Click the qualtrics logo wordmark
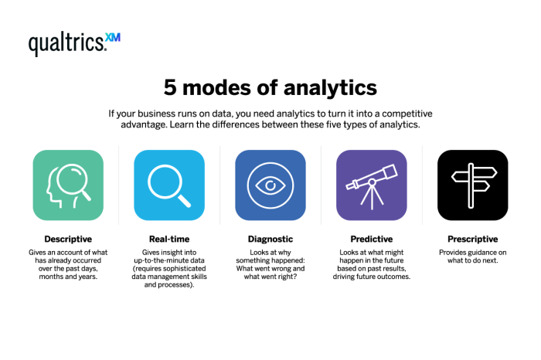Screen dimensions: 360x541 [x=67, y=44]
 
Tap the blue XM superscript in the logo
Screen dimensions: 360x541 [x=113, y=37]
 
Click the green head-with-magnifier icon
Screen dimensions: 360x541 [x=68, y=185]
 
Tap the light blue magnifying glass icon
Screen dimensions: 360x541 [x=169, y=185]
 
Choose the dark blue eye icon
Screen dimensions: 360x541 [x=270, y=185]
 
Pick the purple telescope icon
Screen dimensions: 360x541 [x=372, y=185]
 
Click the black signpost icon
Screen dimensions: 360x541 [x=472, y=185]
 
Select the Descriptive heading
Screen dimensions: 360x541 [x=68, y=239]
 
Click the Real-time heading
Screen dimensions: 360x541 [x=169, y=239]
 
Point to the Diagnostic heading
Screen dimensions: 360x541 [x=270, y=239]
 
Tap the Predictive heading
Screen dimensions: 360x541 [x=372, y=239]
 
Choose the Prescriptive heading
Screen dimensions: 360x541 [x=472, y=239]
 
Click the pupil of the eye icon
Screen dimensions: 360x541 [x=270, y=185]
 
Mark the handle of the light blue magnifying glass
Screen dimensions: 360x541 [x=184, y=201]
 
